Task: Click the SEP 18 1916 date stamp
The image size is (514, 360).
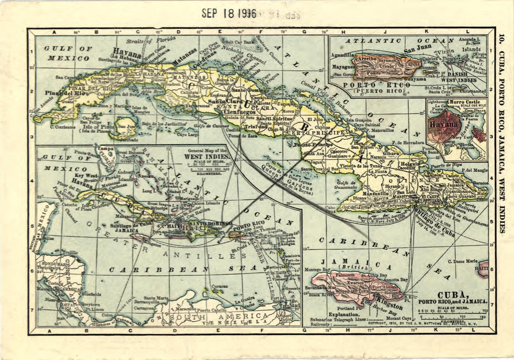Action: [x=229, y=13]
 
